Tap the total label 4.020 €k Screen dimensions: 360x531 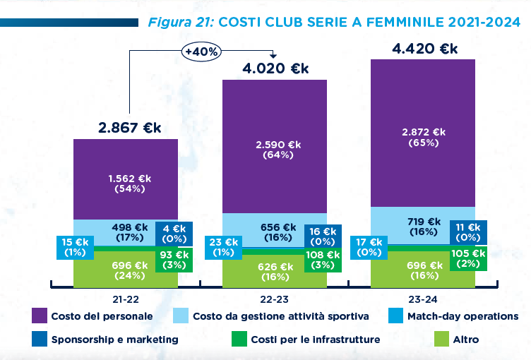(x=276, y=68)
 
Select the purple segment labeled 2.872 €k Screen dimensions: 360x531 (x=424, y=137)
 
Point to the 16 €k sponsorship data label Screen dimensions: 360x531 (x=323, y=236)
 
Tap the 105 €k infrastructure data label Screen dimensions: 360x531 (x=469, y=258)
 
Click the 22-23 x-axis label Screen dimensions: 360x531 (x=275, y=297)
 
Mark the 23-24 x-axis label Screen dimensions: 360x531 (x=424, y=297)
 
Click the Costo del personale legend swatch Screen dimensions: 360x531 (x=40, y=316)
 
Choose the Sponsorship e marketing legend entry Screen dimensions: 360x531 (x=106, y=340)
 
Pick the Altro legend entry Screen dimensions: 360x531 (x=465, y=340)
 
